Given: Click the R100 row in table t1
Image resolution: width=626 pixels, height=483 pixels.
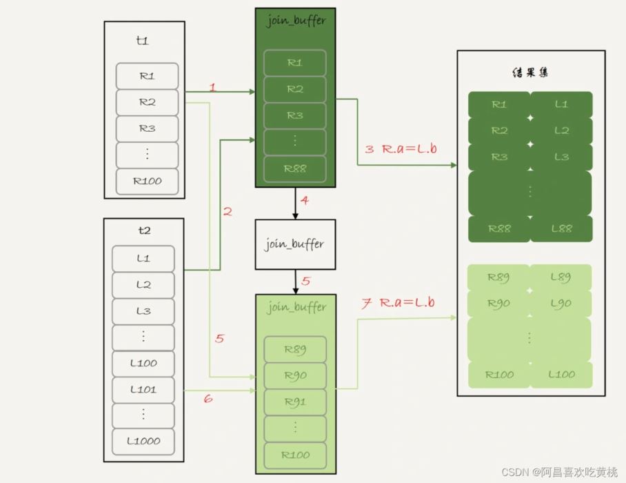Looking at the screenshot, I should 147,181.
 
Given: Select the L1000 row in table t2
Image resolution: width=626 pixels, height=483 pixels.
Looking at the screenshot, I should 143,441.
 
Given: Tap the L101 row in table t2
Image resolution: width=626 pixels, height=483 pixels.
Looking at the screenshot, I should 143,389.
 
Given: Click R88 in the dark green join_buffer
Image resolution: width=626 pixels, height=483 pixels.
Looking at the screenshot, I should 294,168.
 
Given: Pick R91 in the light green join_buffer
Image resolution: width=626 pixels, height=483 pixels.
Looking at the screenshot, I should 294,402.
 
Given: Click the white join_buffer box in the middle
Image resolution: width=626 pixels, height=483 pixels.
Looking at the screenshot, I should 295,244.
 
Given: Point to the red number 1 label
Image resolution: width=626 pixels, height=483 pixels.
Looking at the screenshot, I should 212,88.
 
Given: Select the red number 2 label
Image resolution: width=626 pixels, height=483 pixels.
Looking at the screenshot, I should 228,212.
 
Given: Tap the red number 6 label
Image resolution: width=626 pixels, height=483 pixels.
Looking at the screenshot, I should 208,399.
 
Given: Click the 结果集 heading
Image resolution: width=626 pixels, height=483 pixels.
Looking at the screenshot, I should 531,72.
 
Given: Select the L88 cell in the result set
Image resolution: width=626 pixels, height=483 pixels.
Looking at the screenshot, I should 561,228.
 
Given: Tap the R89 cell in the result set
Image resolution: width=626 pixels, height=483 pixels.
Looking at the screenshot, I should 498,277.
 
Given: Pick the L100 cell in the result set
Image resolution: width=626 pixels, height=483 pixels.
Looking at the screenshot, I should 561,375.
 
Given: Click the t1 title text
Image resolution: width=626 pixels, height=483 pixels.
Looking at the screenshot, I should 143,41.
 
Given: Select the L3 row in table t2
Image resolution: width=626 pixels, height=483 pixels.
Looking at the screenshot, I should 143,311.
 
